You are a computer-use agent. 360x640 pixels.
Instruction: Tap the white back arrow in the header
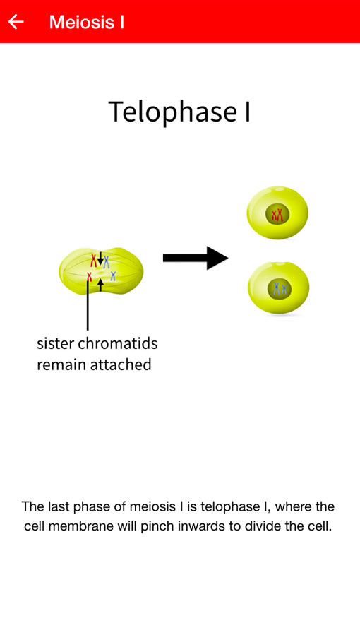pos(16,22)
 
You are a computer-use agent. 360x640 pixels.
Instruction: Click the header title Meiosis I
pos(86,22)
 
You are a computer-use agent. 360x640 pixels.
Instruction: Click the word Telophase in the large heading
pos(173,112)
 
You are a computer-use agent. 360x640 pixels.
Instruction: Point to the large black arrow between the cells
pos(196,258)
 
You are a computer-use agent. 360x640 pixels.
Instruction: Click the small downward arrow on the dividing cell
pos(100,258)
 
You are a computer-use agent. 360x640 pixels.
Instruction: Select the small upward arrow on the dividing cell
pos(101,285)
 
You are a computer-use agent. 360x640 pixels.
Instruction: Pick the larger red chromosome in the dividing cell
pos(94,261)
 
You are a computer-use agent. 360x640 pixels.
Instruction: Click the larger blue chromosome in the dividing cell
pos(107,262)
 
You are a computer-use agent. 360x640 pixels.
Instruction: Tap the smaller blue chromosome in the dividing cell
pos(113,276)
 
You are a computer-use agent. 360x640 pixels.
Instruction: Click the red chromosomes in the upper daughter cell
pos(277,214)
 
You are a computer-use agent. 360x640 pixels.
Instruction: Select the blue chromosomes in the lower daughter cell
pos(280,289)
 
